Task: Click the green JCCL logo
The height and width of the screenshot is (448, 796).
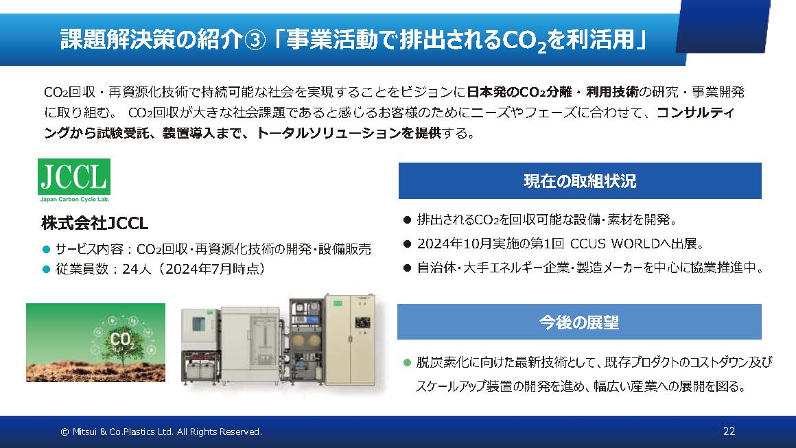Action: [x=74, y=177]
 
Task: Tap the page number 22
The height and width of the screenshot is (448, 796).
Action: [x=729, y=432]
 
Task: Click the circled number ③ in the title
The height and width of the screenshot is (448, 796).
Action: [x=255, y=40]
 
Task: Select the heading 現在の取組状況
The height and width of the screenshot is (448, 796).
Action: [x=580, y=181]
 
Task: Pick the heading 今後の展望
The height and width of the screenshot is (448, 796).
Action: [x=579, y=322]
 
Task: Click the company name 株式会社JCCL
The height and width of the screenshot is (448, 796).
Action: [x=95, y=223]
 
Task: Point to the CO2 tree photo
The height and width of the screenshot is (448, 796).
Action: [x=95, y=342]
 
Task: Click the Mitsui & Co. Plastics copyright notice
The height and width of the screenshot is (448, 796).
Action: [x=161, y=432]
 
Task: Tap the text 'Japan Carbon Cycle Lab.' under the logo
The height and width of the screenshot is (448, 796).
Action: [x=75, y=200]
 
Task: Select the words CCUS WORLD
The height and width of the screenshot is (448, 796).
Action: [x=615, y=244]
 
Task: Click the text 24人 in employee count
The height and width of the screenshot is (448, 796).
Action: [x=137, y=269]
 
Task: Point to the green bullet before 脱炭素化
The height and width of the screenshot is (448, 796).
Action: [x=407, y=362]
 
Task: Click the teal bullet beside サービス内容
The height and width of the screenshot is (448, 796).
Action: [x=46, y=249]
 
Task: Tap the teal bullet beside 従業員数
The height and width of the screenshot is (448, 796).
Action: [x=46, y=270]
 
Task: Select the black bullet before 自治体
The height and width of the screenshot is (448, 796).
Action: [x=407, y=268]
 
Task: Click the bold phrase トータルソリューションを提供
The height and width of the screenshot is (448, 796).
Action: [x=349, y=133]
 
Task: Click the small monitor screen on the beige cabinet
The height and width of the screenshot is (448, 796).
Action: [x=362, y=322]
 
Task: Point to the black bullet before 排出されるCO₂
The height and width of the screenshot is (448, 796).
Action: [x=407, y=220]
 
